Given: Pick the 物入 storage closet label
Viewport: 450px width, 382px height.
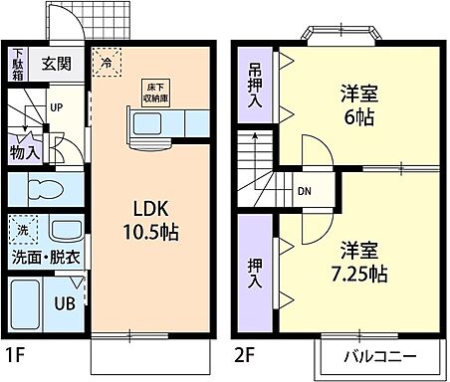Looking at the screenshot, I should pyautogui.click(x=25, y=152).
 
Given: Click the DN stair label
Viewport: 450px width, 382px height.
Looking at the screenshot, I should pyautogui.click(x=305, y=192).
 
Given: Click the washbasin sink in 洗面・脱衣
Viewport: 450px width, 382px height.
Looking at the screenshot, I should pyautogui.click(x=63, y=231).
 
